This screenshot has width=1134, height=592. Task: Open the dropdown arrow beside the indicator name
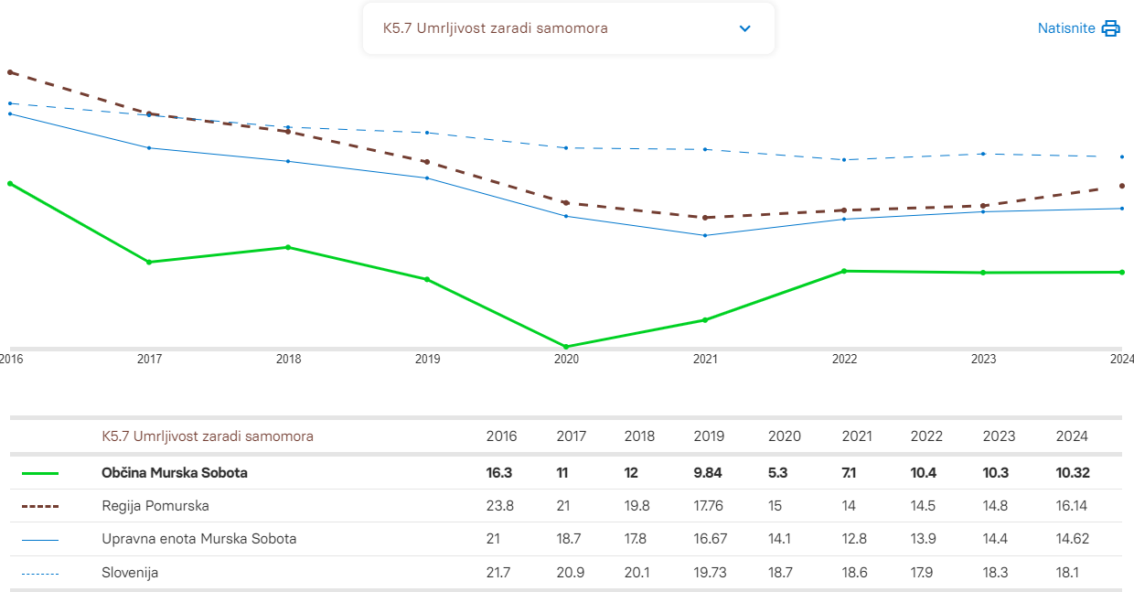744,28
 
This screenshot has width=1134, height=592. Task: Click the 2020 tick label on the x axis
566,360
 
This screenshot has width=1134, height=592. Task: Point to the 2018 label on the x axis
288,360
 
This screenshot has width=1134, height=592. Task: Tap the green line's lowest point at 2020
566,347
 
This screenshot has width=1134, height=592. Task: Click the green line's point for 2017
149,262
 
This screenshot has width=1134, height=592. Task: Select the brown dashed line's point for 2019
427,162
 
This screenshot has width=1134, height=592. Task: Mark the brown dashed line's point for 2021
705,218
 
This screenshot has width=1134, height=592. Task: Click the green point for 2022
844,271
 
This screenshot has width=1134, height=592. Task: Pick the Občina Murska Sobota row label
175,473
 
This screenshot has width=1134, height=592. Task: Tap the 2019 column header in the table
709,436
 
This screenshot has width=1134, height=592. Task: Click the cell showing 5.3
777,473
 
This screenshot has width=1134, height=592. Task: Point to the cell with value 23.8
501,506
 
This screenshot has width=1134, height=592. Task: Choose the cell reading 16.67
711,539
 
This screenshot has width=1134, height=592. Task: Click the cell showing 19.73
711,573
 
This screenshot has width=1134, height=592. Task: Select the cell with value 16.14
1072,506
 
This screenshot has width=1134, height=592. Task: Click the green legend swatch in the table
39,473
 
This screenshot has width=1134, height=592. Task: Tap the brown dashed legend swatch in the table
39,506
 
